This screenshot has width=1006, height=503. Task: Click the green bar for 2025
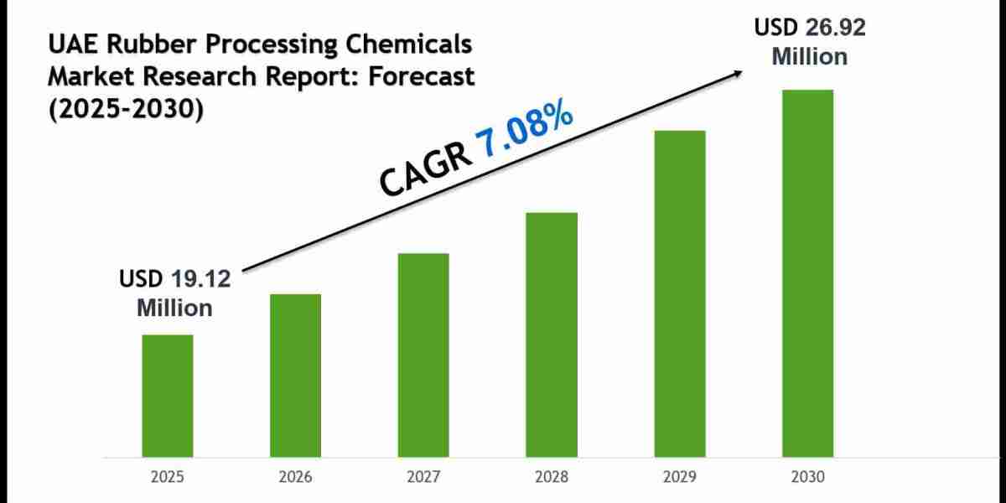[x=167, y=396]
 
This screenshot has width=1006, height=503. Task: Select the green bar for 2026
[x=295, y=376]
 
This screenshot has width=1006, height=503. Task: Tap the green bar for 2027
[x=423, y=355]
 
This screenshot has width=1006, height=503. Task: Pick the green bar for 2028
[x=552, y=334]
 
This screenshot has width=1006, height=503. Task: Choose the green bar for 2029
[x=680, y=293]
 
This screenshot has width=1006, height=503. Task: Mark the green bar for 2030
[x=808, y=273]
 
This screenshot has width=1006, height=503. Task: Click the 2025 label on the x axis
[x=167, y=477]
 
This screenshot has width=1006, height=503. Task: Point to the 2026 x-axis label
[x=295, y=477]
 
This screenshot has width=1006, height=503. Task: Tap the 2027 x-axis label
[x=423, y=477]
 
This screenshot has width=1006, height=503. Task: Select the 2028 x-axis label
[x=552, y=477]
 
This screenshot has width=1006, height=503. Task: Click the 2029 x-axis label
[x=680, y=477]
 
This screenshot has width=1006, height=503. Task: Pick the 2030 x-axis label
[x=808, y=477]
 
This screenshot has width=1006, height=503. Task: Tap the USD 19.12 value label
[x=174, y=279]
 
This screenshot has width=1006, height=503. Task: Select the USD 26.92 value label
[x=809, y=28]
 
